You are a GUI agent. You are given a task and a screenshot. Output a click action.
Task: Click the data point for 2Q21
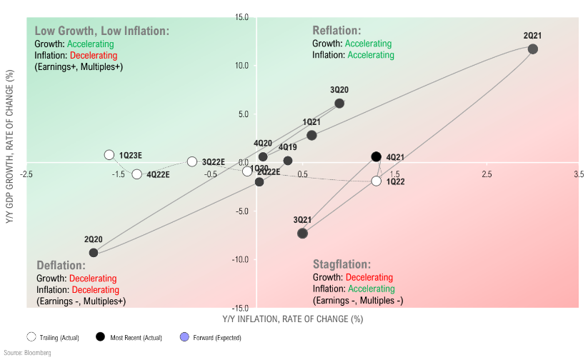(532, 49)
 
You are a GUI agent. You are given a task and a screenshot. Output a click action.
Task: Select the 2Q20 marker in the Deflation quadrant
(94, 252)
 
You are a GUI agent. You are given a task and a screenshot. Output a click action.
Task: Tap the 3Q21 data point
(302, 233)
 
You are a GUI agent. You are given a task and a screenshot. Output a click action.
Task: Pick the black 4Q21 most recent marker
(377, 156)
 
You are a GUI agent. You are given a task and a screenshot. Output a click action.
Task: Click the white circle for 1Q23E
(109, 154)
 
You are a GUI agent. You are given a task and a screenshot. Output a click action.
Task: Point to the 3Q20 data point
(339, 104)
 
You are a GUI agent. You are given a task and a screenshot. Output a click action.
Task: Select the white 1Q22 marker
(377, 181)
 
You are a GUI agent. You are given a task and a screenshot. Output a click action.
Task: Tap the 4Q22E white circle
(137, 174)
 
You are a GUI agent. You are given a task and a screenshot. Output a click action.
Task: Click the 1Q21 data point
(312, 135)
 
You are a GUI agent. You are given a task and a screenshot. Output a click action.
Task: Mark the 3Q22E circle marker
(192, 161)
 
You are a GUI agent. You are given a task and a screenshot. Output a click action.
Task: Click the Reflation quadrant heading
(337, 31)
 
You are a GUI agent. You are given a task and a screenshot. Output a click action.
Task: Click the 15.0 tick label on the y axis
(241, 17)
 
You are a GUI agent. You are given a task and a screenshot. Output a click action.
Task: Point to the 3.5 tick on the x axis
(579, 174)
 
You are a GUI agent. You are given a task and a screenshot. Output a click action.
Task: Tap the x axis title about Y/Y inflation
(293, 318)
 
